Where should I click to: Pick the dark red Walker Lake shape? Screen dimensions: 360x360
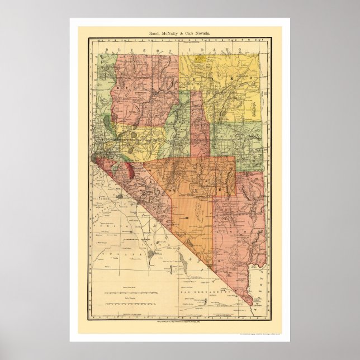pos(129,169)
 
